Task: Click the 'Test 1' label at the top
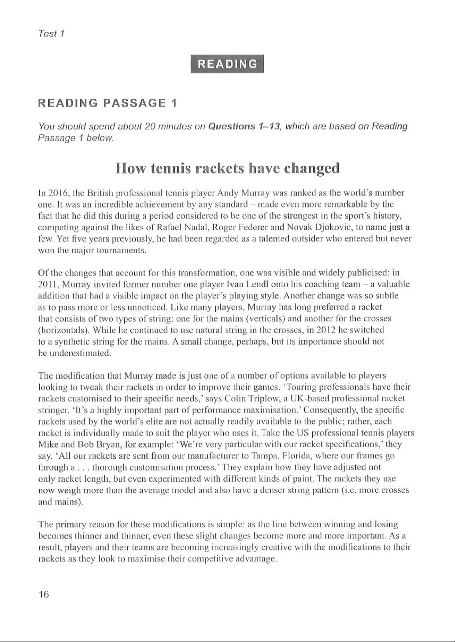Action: coord(52,33)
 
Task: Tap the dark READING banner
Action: coord(227,64)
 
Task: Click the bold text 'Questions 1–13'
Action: coord(244,127)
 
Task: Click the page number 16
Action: coord(44,594)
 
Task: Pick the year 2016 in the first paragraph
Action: coord(57,193)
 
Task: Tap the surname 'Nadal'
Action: coord(198,227)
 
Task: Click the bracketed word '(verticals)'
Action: coord(265,318)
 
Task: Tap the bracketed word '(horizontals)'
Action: coord(63,330)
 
